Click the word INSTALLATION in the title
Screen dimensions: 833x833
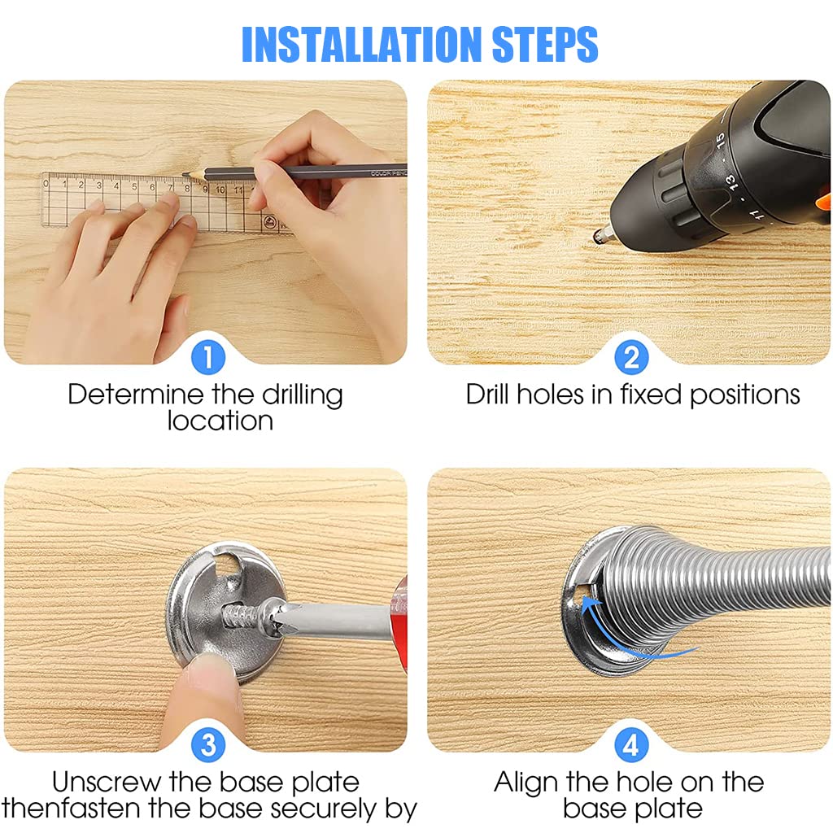pyautogui.click(x=363, y=45)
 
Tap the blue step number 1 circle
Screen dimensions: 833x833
pyautogui.click(x=208, y=357)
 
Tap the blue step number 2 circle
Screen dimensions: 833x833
pyautogui.click(x=631, y=357)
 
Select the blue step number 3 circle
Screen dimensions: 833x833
pyautogui.click(x=208, y=744)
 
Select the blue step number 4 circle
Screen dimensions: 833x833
pyautogui.click(x=631, y=744)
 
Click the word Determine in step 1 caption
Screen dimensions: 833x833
pyautogui.click(x=135, y=395)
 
